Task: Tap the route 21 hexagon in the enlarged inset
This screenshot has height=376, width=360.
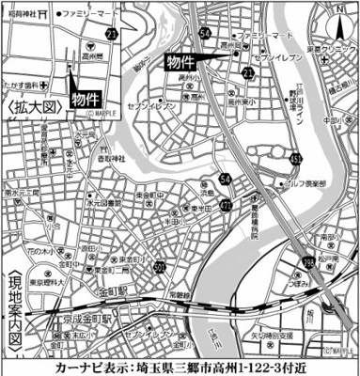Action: [112, 34]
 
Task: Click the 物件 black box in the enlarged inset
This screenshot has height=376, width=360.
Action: [86, 98]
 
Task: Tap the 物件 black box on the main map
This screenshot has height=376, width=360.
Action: [182, 61]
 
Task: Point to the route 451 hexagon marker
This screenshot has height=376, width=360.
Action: [296, 159]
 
